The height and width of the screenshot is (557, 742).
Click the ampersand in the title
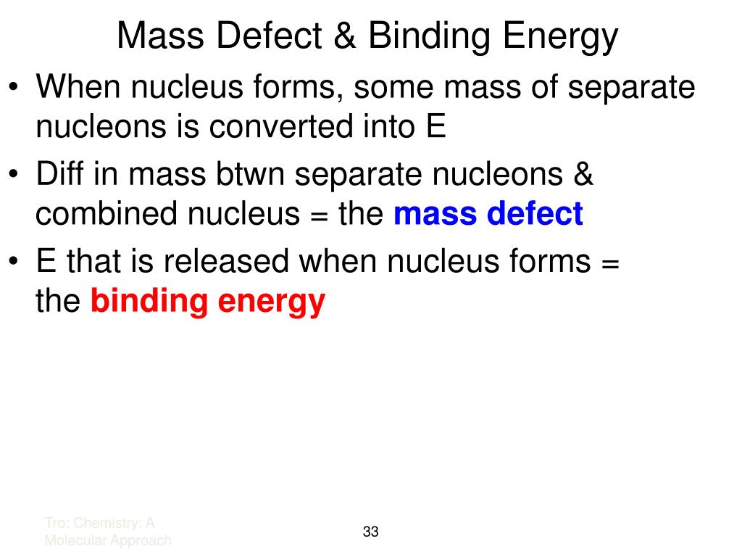pos(347,36)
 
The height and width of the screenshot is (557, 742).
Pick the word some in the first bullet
pos(396,88)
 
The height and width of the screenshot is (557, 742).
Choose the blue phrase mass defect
pos(488,215)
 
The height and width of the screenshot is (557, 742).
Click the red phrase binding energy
pos(207,301)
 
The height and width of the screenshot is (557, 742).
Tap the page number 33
pos(371,532)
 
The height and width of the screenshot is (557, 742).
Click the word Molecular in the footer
pos(77,540)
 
